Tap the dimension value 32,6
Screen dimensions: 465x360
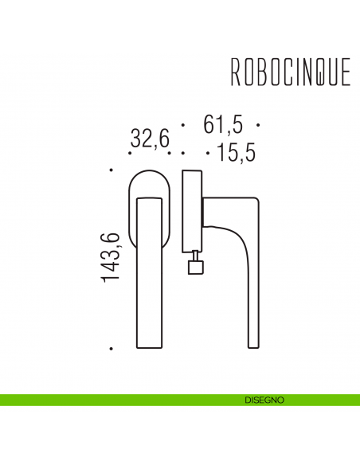[x=150, y=140]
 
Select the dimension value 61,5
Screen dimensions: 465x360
[x=223, y=125]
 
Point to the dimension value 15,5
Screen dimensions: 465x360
[x=236, y=153]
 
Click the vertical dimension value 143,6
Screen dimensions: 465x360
[x=111, y=257]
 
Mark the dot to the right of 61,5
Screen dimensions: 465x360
[x=260, y=126]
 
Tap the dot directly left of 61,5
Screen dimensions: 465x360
[x=183, y=126]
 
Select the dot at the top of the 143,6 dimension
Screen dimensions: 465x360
[x=112, y=170]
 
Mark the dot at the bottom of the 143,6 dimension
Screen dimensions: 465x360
[x=112, y=349]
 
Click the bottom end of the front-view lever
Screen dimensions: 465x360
[x=149, y=347]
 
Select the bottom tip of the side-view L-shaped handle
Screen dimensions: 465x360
[x=252, y=347]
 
